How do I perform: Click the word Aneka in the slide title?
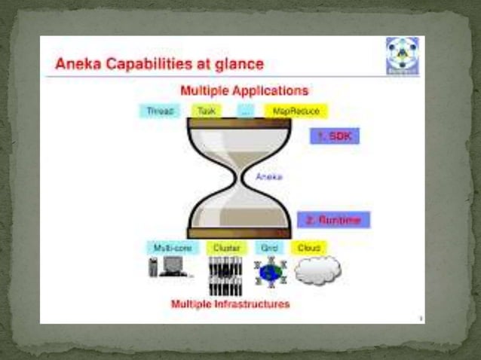coord(76,64)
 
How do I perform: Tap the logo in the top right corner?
coord(401,56)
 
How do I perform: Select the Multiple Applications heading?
coord(244,90)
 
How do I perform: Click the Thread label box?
coord(160,111)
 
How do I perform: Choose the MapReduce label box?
coord(296,111)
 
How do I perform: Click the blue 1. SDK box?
coord(335,136)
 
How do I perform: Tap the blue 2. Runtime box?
coord(333,220)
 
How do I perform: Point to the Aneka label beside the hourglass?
coord(269,177)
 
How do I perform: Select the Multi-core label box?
coord(172,247)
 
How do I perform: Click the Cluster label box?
coord(226,247)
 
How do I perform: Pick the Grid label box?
coord(269,247)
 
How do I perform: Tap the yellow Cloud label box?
coord(308,247)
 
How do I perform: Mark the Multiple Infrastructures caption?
coord(230,304)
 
